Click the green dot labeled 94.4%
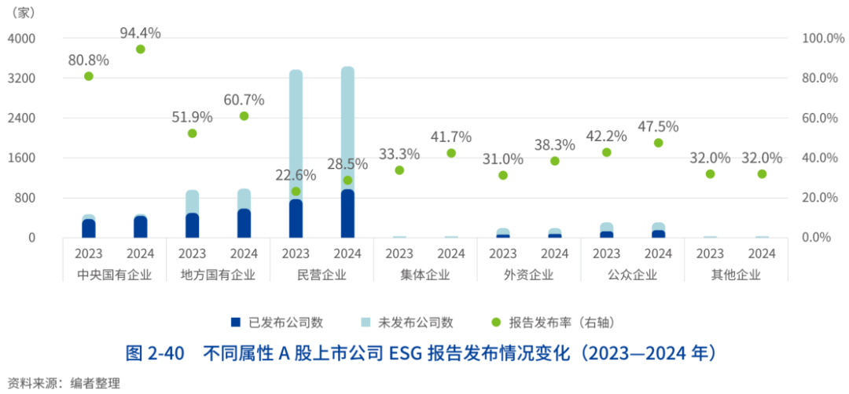click(141, 49)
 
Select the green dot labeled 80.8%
click(89, 76)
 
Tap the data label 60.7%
click(244, 100)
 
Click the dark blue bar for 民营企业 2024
click(347, 213)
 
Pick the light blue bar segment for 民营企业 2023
click(296, 133)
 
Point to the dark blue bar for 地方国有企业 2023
click(192, 225)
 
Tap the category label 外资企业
click(528, 275)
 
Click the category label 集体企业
click(424, 275)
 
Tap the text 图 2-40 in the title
click(154, 353)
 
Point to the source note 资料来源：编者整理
click(61, 383)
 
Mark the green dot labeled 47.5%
click(658, 143)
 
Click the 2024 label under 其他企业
click(762, 254)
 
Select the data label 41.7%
click(451, 137)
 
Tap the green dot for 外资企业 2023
click(503, 175)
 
